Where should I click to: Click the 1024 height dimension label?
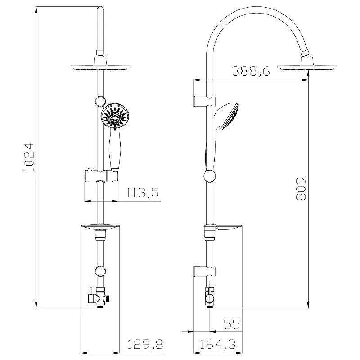point(28,158)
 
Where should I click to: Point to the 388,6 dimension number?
point(251,71)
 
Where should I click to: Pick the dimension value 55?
point(231,324)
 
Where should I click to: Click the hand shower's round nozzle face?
point(115,117)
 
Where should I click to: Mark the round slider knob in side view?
point(209,176)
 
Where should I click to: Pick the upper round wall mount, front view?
point(99,101)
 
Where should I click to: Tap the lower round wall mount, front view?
point(99,271)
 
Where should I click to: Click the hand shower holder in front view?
point(100,176)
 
